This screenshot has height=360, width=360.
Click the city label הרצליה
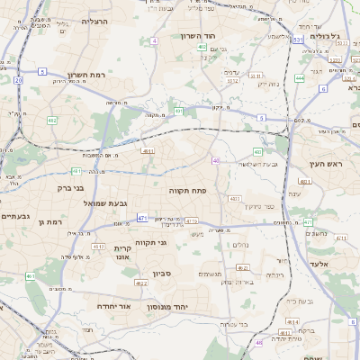[94, 21]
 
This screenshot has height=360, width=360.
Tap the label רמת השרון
[86, 76]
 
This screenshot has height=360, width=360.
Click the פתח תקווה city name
[187, 191]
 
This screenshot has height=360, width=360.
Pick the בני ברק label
[65, 189]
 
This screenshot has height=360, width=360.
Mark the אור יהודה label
[113, 306]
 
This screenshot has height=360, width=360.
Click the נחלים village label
[240, 245]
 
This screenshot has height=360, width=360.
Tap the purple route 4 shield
[154, 41]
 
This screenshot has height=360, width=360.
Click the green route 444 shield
[299, 78]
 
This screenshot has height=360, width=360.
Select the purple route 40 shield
[216, 160]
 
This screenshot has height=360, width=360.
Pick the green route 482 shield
[52, 120]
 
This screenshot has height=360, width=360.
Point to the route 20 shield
[19, 79]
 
